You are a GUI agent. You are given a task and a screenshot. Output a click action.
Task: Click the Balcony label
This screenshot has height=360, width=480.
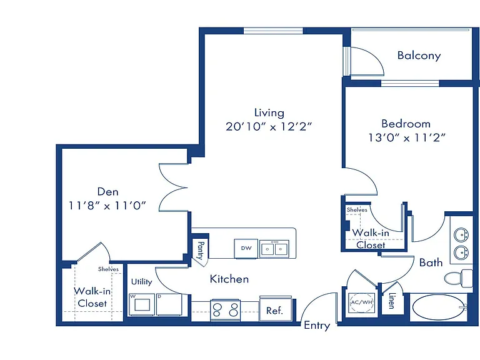419,56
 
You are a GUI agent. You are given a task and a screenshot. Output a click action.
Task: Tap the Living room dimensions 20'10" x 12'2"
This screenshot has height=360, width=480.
269,126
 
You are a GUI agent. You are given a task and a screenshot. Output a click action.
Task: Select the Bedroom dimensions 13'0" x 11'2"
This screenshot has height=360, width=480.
406,137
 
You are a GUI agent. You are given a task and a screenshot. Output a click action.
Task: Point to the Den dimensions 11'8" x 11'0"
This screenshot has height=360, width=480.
107,205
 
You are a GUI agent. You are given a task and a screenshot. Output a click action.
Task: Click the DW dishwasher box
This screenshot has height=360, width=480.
246,249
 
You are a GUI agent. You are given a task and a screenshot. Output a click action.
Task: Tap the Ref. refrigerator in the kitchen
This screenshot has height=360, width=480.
276,309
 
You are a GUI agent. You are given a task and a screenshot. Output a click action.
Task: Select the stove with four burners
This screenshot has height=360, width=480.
225,310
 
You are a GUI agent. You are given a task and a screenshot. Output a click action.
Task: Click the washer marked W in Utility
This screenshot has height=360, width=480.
142,304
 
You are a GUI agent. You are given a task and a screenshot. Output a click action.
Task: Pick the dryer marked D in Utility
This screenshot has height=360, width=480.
169,304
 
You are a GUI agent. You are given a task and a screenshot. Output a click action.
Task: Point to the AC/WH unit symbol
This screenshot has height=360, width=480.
361,302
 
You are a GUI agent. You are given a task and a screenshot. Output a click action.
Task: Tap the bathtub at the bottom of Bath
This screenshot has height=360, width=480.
438,307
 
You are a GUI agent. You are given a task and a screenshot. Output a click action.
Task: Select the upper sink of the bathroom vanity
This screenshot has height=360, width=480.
461,236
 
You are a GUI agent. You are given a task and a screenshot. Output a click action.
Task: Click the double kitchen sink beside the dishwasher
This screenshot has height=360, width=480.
274,249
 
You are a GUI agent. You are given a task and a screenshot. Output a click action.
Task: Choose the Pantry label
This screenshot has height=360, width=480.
201,250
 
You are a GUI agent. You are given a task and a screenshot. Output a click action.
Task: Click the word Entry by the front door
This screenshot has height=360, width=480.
317,326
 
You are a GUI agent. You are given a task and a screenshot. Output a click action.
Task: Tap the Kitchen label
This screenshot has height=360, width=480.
229,279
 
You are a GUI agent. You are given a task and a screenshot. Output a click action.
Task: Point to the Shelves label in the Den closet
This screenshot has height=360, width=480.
108,269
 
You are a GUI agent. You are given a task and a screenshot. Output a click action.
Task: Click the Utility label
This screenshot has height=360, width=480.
142,282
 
